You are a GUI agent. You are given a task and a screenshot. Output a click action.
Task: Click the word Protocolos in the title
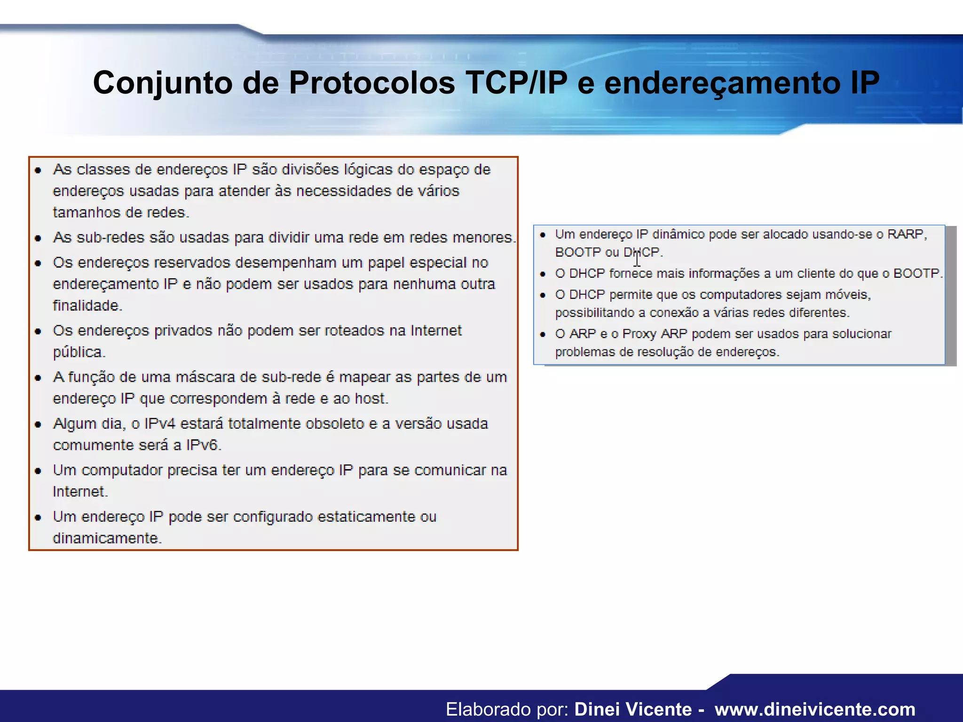(371, 83)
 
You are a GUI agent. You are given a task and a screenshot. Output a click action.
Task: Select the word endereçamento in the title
(722, 83)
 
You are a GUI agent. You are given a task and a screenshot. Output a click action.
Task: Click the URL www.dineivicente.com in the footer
(815, 709)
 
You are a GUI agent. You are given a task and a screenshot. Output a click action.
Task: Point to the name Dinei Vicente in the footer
(633, 709)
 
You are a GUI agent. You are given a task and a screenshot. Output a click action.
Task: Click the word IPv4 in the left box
(160, 424)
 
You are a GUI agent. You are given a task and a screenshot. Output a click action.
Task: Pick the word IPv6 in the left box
(203, 445)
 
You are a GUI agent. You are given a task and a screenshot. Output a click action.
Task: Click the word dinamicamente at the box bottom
(107, 538)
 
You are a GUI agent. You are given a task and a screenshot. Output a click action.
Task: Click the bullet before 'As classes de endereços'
(39, 170)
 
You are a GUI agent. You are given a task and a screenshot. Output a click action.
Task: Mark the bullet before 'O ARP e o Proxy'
(543, 334)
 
